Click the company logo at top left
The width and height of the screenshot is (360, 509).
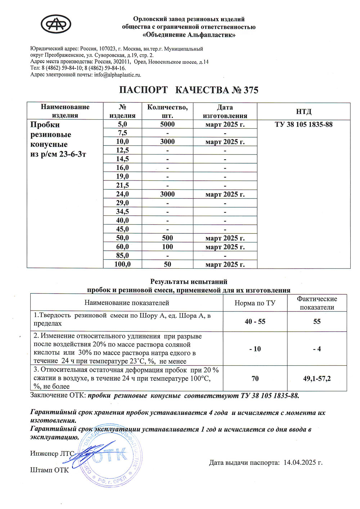(56, 25)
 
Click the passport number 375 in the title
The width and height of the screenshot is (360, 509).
(251, 90)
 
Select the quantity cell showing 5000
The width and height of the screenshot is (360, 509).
(167, 124)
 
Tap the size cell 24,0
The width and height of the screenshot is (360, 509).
(122, 194)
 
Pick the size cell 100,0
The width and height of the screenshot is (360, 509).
(122, 264)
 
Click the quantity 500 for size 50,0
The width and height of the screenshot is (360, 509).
(167, 238)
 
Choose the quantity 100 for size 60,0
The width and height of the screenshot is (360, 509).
(167, 247)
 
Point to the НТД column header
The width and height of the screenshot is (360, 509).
(303, 111)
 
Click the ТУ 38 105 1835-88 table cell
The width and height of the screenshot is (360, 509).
(303, 125)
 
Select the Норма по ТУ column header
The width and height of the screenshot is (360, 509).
(255, 303)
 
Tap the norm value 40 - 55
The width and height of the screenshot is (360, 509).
(255, 321)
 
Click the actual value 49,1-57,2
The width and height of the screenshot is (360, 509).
(317, 379)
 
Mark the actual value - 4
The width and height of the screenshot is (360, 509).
(317, 349)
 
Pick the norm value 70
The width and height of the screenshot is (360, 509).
(255, 379)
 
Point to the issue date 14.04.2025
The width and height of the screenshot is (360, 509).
(302, 463)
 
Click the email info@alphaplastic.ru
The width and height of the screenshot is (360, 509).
(117, 75)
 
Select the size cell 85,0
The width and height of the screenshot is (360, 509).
(122, 255)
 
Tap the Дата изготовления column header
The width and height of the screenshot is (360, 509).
(225, 111)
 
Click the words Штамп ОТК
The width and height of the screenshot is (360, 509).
(49, 470)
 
